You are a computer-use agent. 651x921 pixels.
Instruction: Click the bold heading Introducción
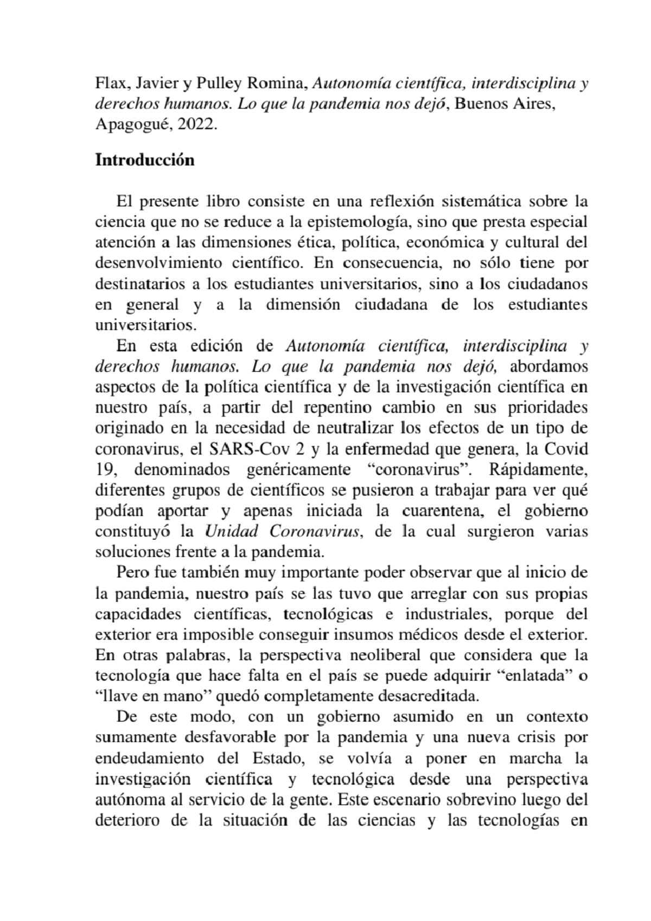[x=144, y=161]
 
